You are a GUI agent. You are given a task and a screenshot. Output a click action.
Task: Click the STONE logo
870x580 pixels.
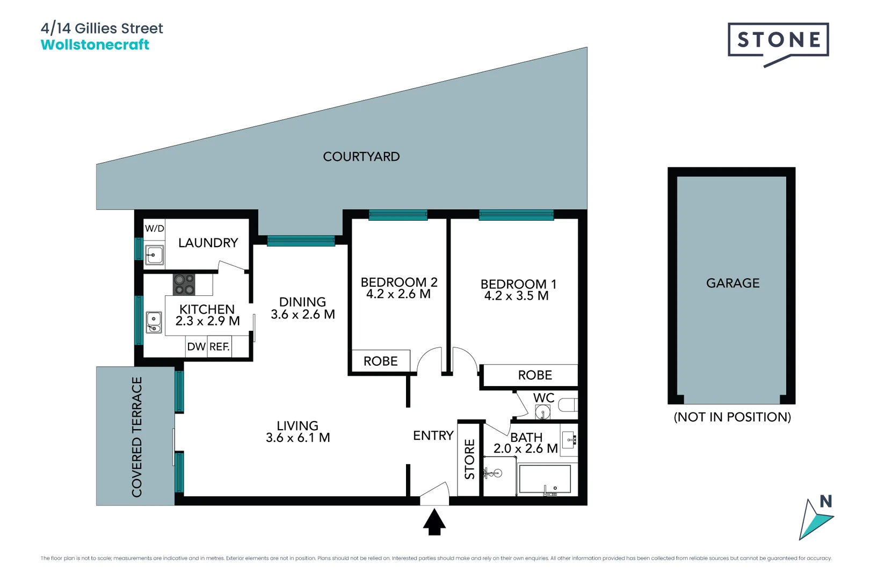tap(778, 40)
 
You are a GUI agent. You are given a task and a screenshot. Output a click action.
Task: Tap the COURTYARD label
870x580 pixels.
tap(361, 157)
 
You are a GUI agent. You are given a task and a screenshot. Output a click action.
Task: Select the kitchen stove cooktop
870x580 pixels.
tap(184, 285)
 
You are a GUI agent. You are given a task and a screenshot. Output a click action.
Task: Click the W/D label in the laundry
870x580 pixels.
tap(154, 228)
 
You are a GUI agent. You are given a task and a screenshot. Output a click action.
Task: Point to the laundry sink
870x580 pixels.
tap(155, 255)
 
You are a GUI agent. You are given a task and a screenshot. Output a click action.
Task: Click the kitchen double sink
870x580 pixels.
tap(154, 322)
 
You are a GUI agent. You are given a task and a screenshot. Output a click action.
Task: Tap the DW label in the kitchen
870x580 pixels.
tap(196, 347)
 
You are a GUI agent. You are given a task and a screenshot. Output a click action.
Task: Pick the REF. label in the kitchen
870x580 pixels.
tap(220, 347)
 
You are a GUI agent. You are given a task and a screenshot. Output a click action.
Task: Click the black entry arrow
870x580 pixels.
tap(434, 523)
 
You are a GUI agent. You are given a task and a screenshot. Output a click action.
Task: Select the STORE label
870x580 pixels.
tap(470, 459)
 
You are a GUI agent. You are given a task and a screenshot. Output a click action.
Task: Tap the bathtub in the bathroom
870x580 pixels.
tap(545, 480)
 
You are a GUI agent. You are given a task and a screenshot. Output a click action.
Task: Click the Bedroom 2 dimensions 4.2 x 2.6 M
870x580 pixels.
tap(398, 294)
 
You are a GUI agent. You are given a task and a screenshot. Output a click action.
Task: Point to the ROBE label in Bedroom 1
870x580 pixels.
tap(535, 375)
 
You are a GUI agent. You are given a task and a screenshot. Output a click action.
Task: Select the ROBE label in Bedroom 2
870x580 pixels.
tap(380, 361)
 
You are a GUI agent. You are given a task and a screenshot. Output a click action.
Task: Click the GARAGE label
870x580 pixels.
tap(733, 283)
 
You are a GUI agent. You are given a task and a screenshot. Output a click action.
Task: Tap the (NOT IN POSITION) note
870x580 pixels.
tap(732, 417)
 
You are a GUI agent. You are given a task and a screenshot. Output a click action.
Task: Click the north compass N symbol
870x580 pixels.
tap(825, 502)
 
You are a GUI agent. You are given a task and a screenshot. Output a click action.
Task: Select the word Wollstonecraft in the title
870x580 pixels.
tap(95, 45)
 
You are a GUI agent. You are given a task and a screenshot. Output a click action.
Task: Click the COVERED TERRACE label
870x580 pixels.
tap(137, 437)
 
